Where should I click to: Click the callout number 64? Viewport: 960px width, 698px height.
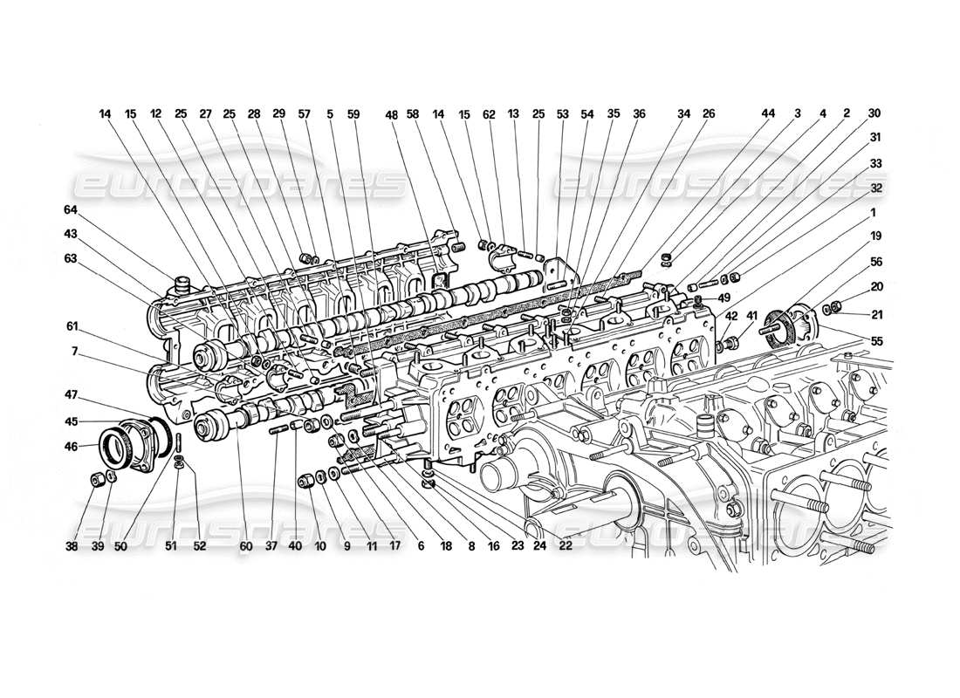(71, 209)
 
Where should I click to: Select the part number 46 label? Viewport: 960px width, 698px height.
(71, 446)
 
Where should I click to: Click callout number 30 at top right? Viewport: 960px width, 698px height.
(874, 113)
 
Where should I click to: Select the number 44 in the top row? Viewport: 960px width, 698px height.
(767, 113)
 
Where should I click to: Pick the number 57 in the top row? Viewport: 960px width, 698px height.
(304, 113)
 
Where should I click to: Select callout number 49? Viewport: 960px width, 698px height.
(724, 298)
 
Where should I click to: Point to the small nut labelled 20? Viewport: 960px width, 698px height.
(833, 305)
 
